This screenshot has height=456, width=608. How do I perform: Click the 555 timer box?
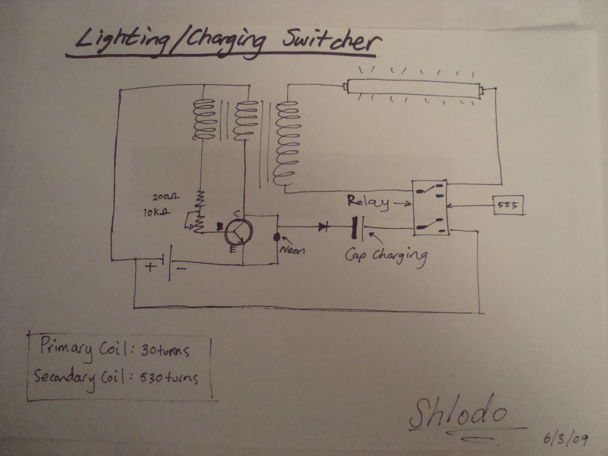[x=509, y=205]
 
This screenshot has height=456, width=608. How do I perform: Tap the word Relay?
[x=368, y=203]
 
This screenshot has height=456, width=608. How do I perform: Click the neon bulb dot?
[x=277, y=237]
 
